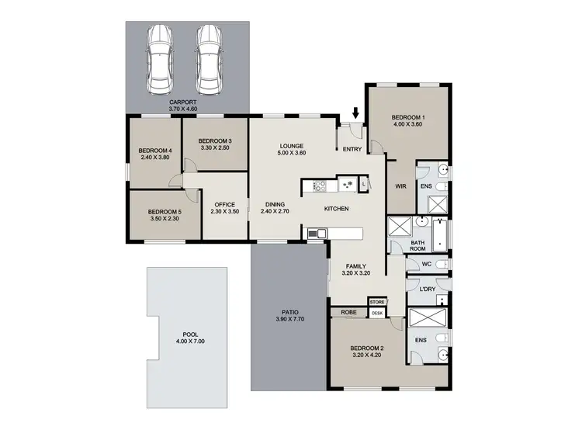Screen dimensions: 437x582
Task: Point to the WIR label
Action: [401, 186]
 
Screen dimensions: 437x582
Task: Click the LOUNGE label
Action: [292, 146]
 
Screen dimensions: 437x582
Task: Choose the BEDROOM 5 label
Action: [165, 212]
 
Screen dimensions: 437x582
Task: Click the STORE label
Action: [377, 301]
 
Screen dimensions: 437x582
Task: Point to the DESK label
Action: [377, 313]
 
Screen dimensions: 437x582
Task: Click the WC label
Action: [426, 265]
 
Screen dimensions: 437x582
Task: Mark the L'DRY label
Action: [426, 290]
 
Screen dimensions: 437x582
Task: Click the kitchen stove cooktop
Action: [317, 186]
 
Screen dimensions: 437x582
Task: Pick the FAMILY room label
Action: [356, 266]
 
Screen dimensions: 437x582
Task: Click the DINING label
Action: [275, 205]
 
